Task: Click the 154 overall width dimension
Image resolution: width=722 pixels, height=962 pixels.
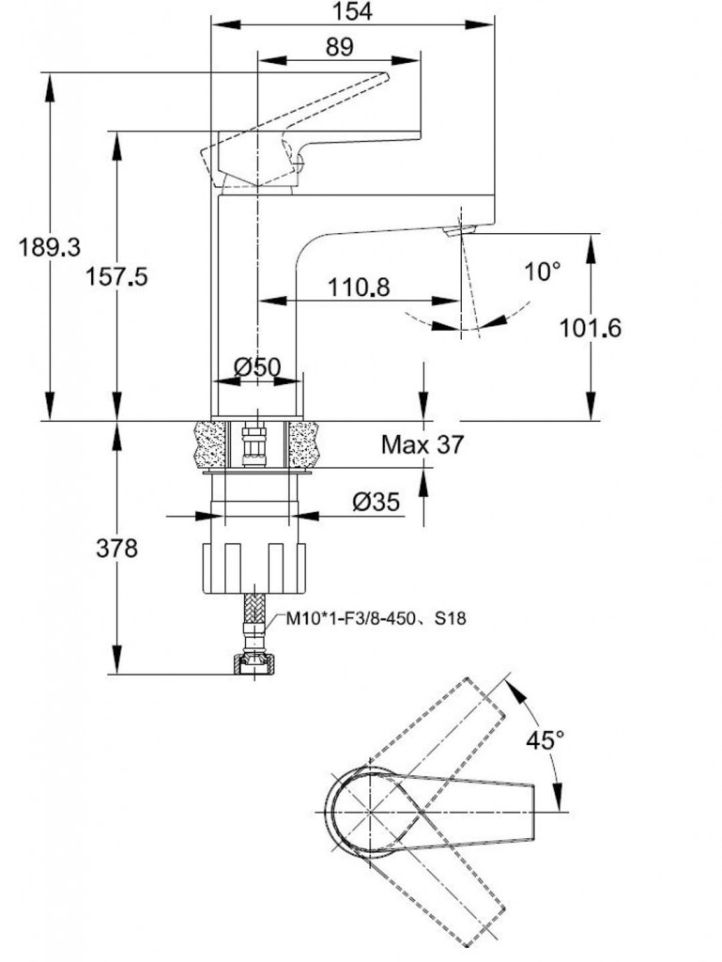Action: (352, 11)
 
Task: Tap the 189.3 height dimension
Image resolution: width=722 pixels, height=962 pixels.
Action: (50, 247)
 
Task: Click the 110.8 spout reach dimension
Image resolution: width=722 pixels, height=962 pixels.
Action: (358, 287)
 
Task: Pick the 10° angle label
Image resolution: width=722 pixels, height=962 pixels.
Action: (542, 272)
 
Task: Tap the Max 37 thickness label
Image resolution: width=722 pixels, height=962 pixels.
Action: (422, 444)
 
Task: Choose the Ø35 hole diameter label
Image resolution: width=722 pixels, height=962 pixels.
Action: (377, 503)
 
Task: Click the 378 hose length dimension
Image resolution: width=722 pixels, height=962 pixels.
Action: (117, 548)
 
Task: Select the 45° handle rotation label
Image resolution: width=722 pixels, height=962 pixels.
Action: (545, 740)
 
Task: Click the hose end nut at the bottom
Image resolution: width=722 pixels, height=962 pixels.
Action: (253, 664)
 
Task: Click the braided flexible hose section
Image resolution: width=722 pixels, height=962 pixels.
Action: (253, 618)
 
